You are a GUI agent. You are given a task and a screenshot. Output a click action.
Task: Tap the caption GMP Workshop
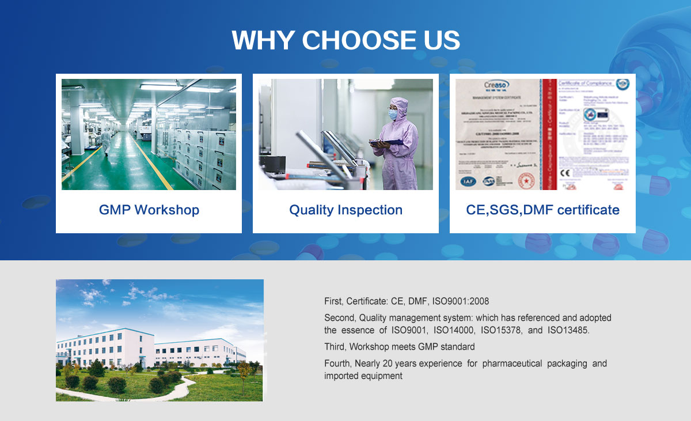coord(149,210)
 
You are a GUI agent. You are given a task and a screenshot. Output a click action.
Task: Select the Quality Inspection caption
coord(345,210)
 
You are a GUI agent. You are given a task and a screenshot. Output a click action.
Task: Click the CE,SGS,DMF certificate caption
coord(542,210)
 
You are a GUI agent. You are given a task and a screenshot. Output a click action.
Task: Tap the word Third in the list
coord(334,347)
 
